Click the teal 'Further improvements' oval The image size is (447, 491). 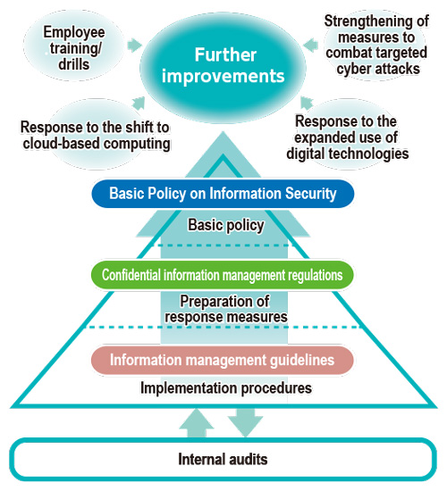[x=223, y=67]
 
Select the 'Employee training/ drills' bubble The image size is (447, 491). [x=74, y=48]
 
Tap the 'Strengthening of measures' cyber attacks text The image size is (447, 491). [x=376, y=46]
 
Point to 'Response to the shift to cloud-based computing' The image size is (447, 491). [x=96, y=136]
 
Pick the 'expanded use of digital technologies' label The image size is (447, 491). [x=347, y=137]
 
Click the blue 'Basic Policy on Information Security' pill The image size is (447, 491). [x=223, y=193]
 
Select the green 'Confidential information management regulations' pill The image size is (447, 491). [x=223, y=275]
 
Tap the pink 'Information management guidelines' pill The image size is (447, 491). [x=223, y=360]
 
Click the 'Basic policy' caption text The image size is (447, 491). [x=226, y=226]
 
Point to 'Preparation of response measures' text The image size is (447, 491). [x=226, y=309]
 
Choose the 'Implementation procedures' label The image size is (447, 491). [x=226, y=388]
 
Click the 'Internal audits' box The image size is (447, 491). [x=223, y=460]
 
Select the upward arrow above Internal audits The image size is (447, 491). [x=197, y=423]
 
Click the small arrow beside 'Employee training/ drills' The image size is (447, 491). [x=135, y=46]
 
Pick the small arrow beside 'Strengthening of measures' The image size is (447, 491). [x=311, y=46]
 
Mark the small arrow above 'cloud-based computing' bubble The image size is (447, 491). [x=139, y=103]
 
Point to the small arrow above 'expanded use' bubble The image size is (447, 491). [x=307, y=103]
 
